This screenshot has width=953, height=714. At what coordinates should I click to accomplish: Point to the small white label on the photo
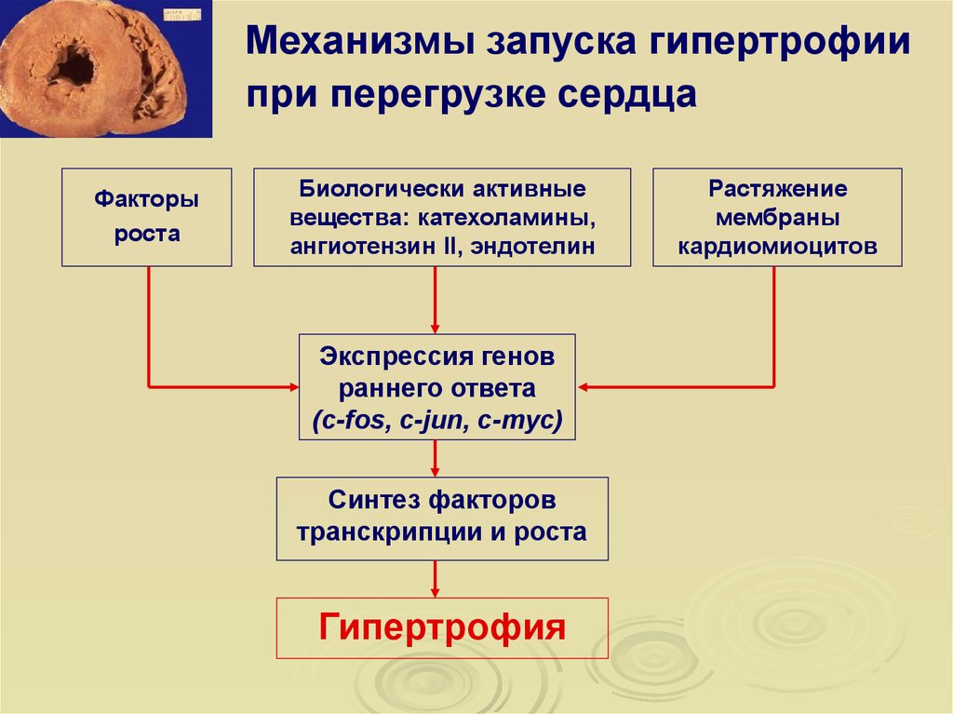click(181, 14)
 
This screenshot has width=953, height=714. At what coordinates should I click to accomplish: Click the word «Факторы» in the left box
click(146, 199)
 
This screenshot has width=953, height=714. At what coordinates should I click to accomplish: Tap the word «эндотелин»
click(532, 247)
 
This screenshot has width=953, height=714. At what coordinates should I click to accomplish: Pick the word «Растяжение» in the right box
click(777, 189)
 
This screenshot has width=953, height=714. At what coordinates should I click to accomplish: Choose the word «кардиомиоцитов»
click(777, 247)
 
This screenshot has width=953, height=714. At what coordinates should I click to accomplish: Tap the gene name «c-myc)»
click(519, 420)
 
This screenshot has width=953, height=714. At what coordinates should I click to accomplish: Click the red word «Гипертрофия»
click(442, 627)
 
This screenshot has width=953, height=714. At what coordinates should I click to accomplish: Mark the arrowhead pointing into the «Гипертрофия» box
click(435, 592)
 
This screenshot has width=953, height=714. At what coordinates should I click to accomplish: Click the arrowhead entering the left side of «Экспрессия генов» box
click(294, 387)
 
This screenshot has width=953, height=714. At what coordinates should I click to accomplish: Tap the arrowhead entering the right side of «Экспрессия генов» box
click(583, 387)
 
